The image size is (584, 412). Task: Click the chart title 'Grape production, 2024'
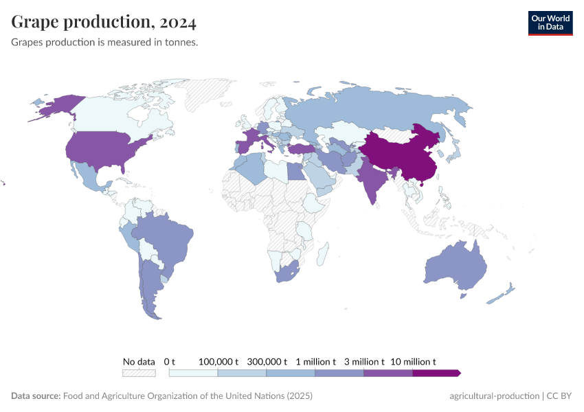104,23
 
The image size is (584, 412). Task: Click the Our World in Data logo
550,23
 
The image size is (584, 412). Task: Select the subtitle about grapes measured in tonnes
105,43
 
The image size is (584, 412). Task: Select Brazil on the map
165,237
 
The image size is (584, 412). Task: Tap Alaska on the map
55,106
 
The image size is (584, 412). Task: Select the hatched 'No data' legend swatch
139,373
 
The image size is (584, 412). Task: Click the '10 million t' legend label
413,361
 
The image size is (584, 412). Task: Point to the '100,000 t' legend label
218,361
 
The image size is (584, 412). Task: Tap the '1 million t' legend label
315,361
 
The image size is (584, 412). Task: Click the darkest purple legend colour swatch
436,373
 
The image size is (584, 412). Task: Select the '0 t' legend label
170,361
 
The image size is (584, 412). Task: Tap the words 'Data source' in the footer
35,396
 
